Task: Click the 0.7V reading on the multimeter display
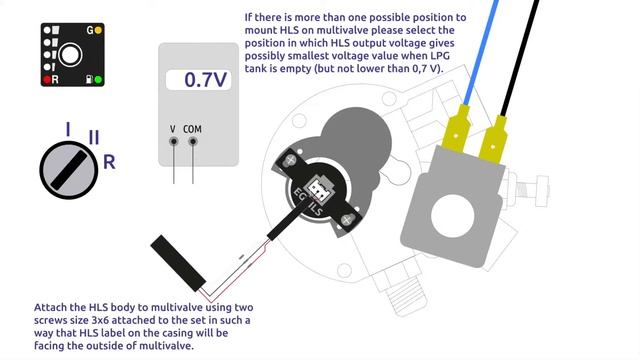(205, 80)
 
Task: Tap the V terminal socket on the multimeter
(174, 142)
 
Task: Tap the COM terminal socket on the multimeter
(193, 142)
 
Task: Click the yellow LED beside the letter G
(98, 30)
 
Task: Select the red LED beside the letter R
(47, 79)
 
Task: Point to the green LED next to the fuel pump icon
(98, 79)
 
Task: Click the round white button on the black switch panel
(70, 55)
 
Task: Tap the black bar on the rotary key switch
(69, 170)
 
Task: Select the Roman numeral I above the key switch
(68, 129)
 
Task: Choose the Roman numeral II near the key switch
(94, 137)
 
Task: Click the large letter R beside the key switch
(109, 162)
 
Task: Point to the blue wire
(482, 52)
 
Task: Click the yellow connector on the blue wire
(456, 129)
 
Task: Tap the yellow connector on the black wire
(493, 140)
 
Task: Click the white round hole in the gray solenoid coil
(453, 216)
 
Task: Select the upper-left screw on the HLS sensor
(291, 160)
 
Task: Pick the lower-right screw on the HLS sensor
(346, 220)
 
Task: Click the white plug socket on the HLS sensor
(318, 189)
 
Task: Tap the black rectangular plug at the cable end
(178, 263)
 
